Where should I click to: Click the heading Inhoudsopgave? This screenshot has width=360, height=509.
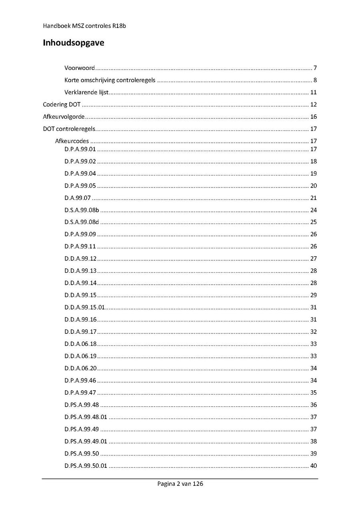tap(74, 43)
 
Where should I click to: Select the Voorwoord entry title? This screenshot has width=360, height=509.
tap(80, 68)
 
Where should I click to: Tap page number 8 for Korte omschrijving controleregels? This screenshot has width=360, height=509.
tap(315, 80)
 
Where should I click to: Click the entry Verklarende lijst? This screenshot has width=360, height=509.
tap(87, 92)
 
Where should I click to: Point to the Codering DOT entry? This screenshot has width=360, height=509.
tap(62, 105)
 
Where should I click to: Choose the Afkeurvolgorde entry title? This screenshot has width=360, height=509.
tap(64, 117)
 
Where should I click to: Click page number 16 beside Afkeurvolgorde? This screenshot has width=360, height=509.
tap(314, 117)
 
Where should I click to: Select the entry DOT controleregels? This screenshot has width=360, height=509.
tap(69, 129)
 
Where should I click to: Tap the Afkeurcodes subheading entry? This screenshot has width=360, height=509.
tap(72, 141)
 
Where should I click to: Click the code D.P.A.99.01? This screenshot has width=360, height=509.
tap(80, 150)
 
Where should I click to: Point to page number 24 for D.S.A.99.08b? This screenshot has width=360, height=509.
tap(314, 210)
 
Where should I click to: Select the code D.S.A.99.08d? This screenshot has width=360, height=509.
tap(82, 222)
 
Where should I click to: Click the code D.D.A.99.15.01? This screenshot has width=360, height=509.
tap(84, 307)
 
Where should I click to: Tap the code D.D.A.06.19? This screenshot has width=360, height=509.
tap(80, 356)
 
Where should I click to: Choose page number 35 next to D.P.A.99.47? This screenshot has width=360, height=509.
tap(314, 393)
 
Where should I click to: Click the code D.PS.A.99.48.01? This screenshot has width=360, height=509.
tap(86, 417)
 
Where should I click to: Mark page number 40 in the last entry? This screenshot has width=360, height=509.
tap(314, 466)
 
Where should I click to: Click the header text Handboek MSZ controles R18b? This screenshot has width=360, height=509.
tap(85, 26)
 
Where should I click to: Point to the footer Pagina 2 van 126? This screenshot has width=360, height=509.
tap(180, 484)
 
